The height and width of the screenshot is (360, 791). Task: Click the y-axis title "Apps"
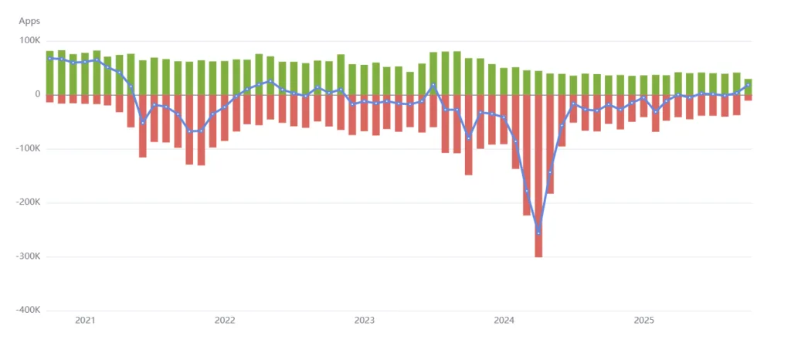(29, 21)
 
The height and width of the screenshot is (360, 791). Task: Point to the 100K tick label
(29, 41)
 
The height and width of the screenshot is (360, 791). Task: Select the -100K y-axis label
(28, 149)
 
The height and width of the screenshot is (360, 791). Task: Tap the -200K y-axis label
(28, 203)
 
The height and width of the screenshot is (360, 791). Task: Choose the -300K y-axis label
(28, 256)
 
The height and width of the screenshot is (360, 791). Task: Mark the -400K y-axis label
(28, 311)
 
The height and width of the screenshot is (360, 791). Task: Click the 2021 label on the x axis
(85, 320)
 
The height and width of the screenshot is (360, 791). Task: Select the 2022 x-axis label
(225, 320)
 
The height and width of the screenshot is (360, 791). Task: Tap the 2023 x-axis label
(364, 320)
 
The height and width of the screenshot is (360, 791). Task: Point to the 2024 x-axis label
(504, 320)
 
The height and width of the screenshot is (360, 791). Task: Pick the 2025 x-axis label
(643, 320)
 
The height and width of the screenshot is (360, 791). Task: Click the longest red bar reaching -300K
(538, 176)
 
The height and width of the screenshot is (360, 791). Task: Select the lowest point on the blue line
(538, 232)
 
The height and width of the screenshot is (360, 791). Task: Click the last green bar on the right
(748, 87)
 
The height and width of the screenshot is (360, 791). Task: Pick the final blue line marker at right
(748, 86)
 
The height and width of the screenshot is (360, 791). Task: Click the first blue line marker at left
(50, 59)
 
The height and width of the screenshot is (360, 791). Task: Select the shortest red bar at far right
(748, 98)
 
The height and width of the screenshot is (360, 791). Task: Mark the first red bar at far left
(50, 99)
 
